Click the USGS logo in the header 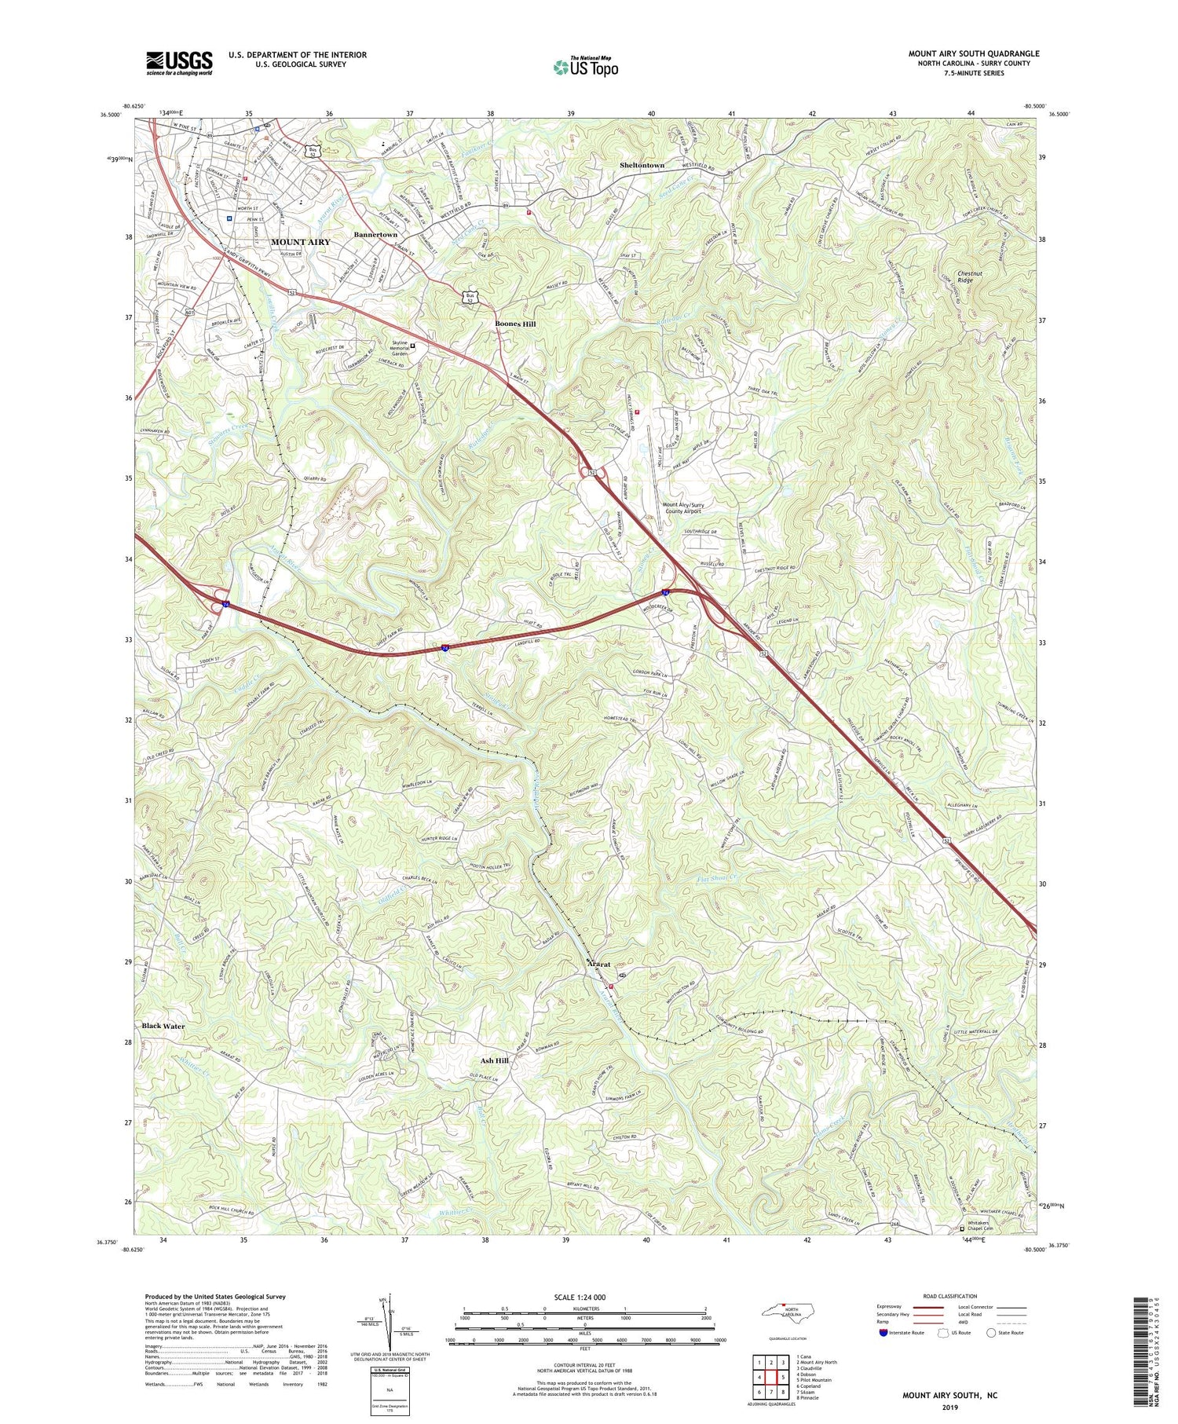pyautogui.click(x=179, y=63)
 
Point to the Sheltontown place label pyautogui.click(x=642, y=166)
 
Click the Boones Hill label pyautogui.click(x=515, y=324)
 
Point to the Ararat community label pyautogui.click(x=599, y=965)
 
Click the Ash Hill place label pyautogui.click(x=495, y=1060)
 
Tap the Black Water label pyautogui.click(x=163, y=1026)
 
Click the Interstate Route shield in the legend pyautogui.click(x=883, y=1333)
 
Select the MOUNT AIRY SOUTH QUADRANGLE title pyautogui.click(x=973, y=53)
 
